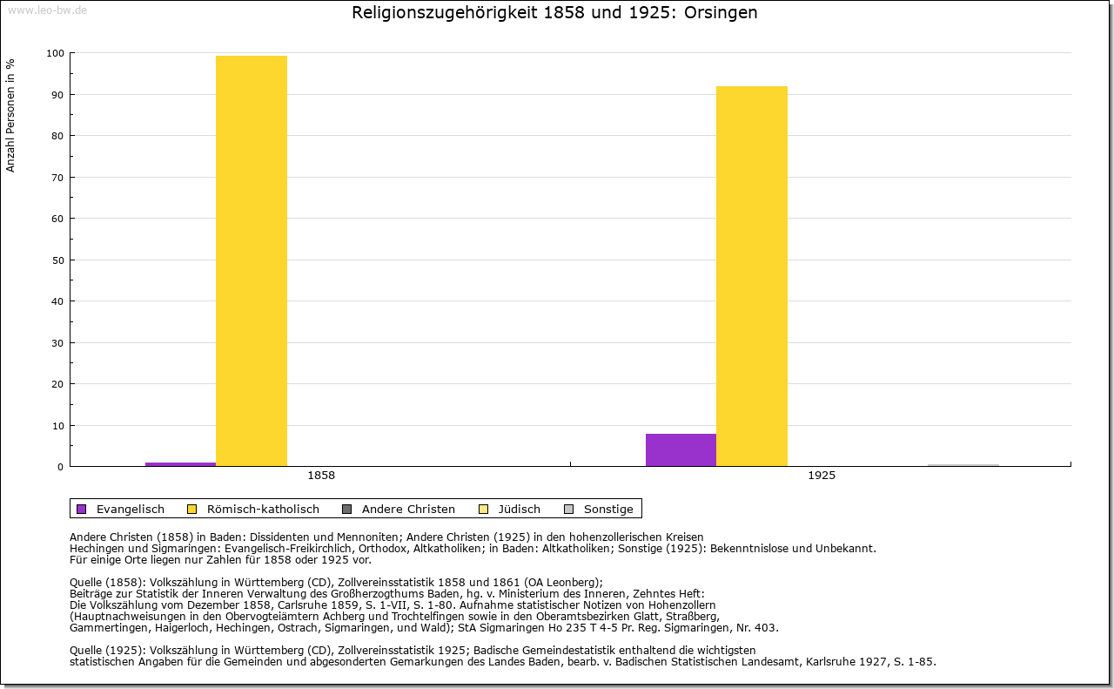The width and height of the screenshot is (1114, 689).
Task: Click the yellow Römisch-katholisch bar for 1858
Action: pos(252,261)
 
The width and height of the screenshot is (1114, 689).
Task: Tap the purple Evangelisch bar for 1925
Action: pos(681,449)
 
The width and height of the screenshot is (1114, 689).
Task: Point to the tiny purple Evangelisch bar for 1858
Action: pos(180,464)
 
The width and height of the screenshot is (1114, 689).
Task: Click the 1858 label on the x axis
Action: pos(321,476)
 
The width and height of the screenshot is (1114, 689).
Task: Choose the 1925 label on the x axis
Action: pos(822,476)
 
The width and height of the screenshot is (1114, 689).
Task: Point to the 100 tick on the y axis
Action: pos(56,53)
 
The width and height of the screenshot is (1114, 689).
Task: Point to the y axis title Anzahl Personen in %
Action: pos(11,115)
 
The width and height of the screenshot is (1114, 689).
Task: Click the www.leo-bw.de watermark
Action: pos(47,10)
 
